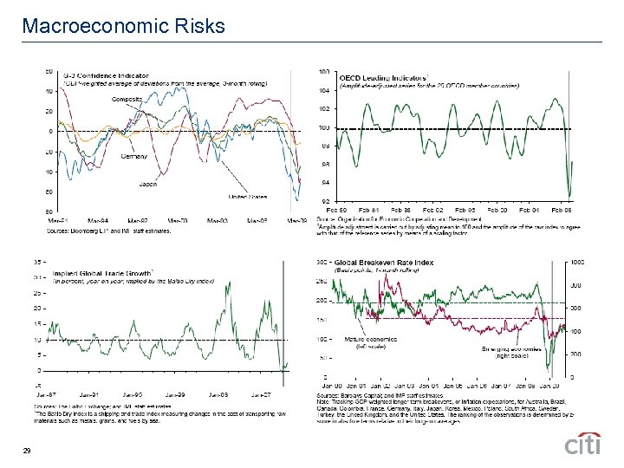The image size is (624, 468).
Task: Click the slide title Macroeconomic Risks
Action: [x=124, y=26]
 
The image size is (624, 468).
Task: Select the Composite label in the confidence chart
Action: [x=127, y=100]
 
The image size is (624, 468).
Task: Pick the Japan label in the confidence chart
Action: [x=147, y=184]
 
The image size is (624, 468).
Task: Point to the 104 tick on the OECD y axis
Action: [x=324, y=90]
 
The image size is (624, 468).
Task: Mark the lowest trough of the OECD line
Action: [x=569, y=196]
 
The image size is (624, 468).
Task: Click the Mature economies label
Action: [x=366, y=339]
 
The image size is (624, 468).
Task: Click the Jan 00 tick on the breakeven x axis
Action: [x=333, y=387]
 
